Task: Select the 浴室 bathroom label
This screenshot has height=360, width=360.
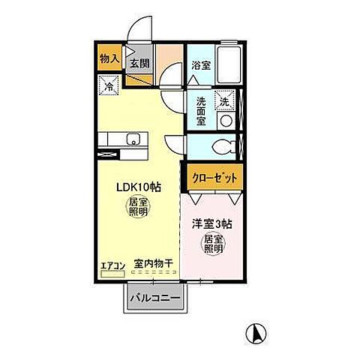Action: point(199,65)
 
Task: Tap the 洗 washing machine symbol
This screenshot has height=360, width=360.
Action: point(223,99)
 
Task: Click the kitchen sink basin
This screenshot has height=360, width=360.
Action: point(133,139)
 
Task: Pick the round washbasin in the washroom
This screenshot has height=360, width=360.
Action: point(224,120)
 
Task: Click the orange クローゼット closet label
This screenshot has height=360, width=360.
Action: point(215,178)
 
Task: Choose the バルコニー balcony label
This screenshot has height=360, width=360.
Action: point(154,299)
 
